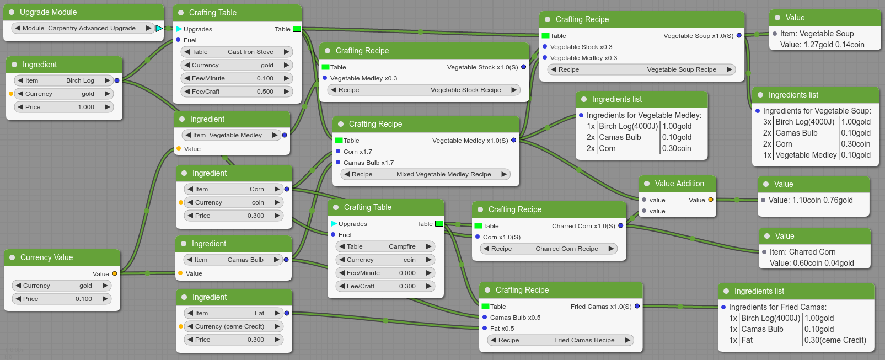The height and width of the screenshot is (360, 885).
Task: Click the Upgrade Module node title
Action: pyautogui.click(x=48, y=12)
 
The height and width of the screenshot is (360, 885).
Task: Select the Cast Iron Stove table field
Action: pyautogui.click(x=237, y=52)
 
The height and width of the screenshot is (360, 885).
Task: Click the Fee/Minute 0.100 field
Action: pyautogui.click(x=237, y=78)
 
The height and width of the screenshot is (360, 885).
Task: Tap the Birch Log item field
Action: pyautogui.click(x=63, y=80)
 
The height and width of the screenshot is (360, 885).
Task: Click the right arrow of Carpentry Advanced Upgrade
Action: pyautogui.click(x=148, y=28)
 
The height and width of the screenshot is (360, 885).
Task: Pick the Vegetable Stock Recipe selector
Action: pyautogui.click(x=423, y=90)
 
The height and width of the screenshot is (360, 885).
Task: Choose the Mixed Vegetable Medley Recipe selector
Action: pyautogui.click(x=425, y=174)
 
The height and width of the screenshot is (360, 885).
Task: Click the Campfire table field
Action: pyautogui.click(x=385, y=246)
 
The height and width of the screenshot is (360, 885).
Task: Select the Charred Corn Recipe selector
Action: pyautogui.click(x=549, y=249)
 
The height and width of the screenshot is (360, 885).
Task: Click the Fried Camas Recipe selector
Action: pyautogui.click(x=560, y=340)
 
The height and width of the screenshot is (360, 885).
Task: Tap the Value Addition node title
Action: pyautogui.click(x=679, y=184)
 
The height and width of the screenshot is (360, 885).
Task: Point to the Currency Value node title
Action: pyautogui.click(x=47, y=257)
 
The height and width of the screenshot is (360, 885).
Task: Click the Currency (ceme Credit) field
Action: pyautogui.click(x=233, y=326)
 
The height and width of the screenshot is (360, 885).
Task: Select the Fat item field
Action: pyautogui.click(x=233, y=313)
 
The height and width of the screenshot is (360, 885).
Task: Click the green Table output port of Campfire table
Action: pyautogui.click(x=439, y=224)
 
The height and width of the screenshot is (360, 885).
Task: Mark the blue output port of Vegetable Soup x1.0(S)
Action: pyautogui.click(x=739, y=36)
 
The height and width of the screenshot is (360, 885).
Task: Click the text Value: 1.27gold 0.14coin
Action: pyautogui.click(x=822, y=45)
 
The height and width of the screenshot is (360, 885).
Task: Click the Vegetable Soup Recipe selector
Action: pyautogui.click(x=641, y=69)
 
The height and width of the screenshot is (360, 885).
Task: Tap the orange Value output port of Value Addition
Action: pyautogui.click(x=711, y=200)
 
